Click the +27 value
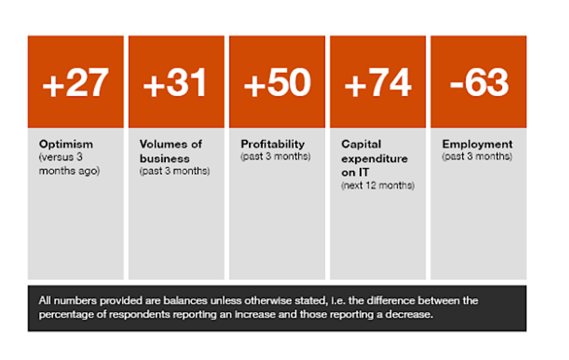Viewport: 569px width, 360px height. click(x=76, y=83)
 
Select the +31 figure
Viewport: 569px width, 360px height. click(x=175, y=83)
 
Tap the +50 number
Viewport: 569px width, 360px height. click(x=277, y=83)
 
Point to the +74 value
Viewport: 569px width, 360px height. click(x=378, y=83)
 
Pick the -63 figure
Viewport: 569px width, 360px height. click(x=479, y=83)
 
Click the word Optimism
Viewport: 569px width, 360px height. click(x=66, y=144)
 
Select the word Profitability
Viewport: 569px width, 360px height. click(x=273, y=144)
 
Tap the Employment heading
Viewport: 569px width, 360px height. click(x=477, y=144)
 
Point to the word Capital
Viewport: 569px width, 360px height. click(x=361, y=144)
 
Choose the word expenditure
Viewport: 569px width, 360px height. click(x=374, y=159)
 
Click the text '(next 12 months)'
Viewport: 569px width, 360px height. click(x=378, y=185)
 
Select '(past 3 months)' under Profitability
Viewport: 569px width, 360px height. click(x=275, y=156)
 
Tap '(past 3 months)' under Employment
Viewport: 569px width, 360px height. click(x=477, y=156)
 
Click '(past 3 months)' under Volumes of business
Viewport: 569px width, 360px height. click(x=175, y=171)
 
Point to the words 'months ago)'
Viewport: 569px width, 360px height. click(x=69, y=171)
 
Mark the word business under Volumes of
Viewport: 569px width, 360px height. click(x=164, y=159)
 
